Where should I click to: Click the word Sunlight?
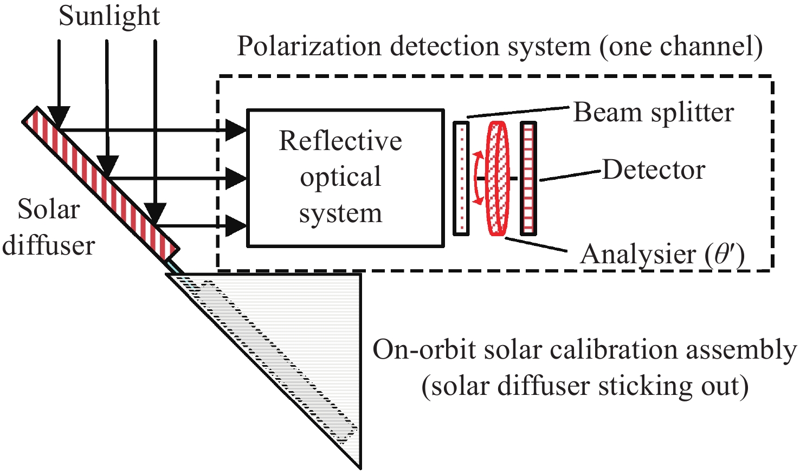coord(109,16)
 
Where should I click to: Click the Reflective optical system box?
coord(345,178)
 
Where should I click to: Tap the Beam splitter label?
coord(653,113)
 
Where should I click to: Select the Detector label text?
coord(654,170)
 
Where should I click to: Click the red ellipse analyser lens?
coord(498,178)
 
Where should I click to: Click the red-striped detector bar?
coord(528,178)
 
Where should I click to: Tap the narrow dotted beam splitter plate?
coord(461,178)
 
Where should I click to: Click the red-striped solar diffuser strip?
coord(101,181)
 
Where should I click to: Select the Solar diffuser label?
coord(49,228)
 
